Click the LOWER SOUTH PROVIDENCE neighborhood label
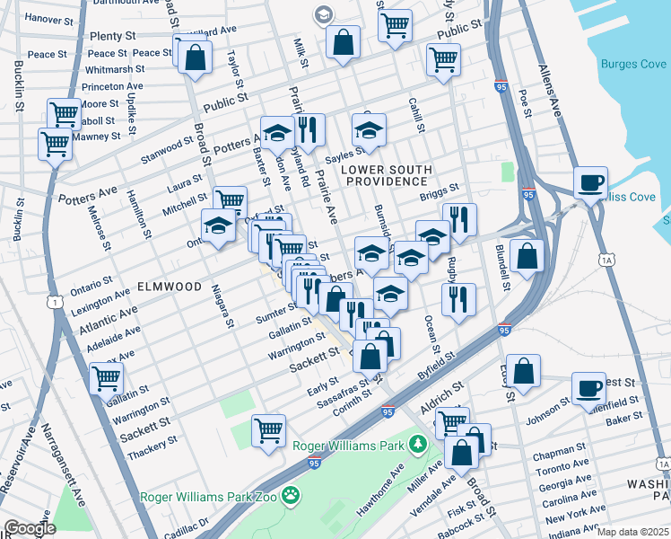point(387,175)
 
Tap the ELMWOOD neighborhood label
point(169,287)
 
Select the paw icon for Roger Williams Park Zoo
point(291,495)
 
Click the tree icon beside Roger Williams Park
point(416,443)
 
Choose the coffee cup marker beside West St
point(589,388)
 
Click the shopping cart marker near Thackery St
point(268,431)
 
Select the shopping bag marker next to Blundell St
point(527,256)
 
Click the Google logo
point(30,528)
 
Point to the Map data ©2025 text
point(632,532)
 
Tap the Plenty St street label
point(112,36)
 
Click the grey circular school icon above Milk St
point(322,13)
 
